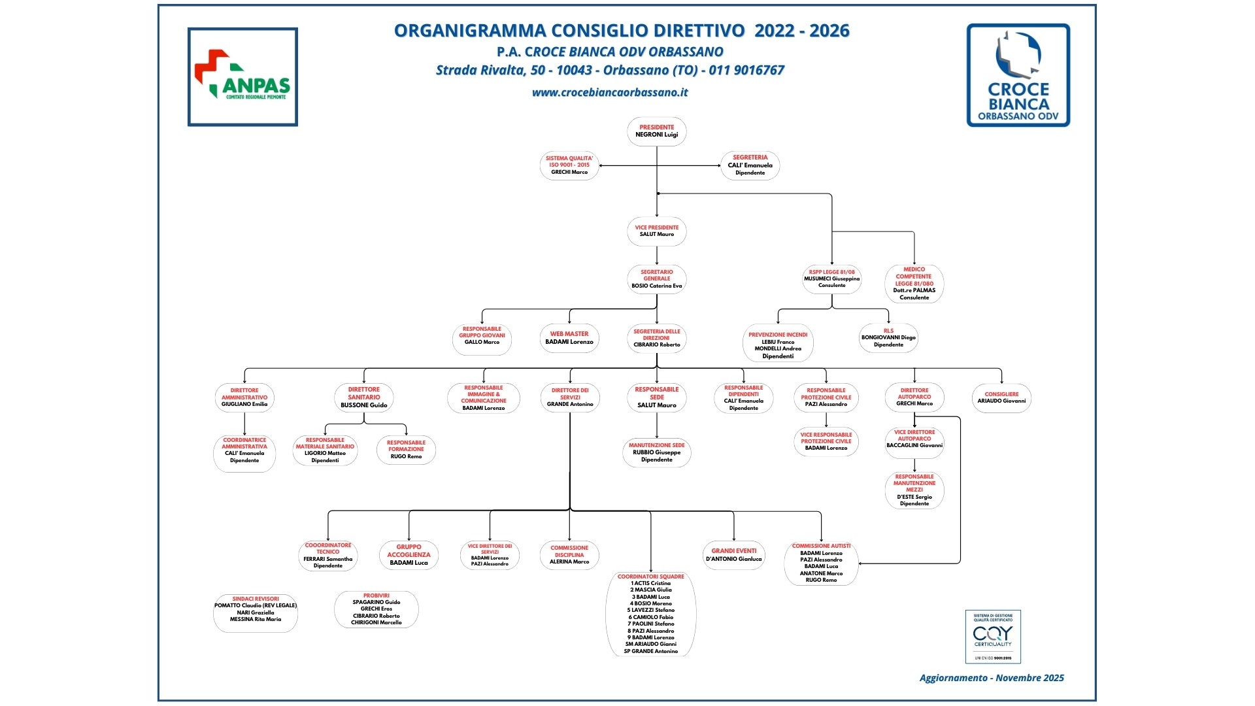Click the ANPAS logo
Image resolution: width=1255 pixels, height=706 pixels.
243,76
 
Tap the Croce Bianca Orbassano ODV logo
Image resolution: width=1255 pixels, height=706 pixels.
1018,75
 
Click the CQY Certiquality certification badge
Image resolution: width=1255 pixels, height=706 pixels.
993,637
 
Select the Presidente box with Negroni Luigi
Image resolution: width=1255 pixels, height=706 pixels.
657,131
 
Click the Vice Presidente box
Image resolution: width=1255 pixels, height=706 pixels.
657,231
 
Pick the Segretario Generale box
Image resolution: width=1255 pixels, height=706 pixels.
657,279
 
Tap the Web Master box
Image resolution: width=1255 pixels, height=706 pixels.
569,338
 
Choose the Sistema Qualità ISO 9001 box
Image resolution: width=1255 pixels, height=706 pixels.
569,165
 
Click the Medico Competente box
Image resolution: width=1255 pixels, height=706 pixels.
914,284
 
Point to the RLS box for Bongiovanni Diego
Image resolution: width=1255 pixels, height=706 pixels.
888,338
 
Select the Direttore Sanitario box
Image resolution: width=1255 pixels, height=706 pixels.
364,397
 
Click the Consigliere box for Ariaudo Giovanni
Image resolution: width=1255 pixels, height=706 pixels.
1001,397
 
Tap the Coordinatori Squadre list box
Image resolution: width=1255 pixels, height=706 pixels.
651,614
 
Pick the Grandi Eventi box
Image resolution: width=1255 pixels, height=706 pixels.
734,555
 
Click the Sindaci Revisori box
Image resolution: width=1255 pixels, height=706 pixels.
256,612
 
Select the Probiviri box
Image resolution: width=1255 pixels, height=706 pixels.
376,609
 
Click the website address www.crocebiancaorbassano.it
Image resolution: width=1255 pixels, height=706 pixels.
610,93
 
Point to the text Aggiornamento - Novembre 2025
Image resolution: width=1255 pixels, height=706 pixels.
992,678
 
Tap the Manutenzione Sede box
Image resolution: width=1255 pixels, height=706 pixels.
657,453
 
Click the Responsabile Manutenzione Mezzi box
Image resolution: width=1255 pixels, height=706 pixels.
914,490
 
